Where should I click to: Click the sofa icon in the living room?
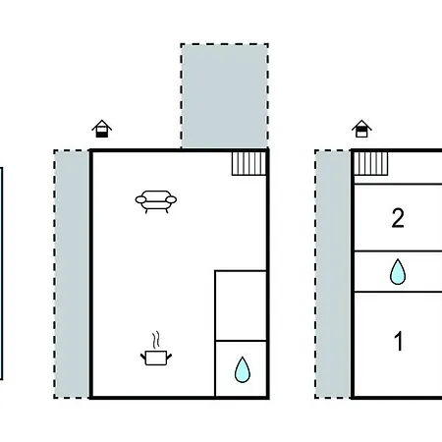tap(156, 201)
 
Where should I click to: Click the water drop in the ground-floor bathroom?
tap(243, 369)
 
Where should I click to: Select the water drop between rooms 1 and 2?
tap(398, 271)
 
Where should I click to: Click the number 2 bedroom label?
tap(398, 218)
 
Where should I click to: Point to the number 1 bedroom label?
tap(399, 341)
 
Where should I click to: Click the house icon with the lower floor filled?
tap(102, 129)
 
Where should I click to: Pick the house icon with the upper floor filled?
tap(361, 129)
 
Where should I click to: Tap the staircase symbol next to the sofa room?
tap(249, 163)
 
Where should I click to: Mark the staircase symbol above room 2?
tap(371, 163)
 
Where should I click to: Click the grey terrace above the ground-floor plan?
tap(225, 96)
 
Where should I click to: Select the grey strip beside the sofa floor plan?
tap(72, 274)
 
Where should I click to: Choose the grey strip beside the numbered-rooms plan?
tap(333, 274)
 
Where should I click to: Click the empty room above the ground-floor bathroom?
tap(241, 305)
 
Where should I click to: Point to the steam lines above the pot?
tap(156, 341)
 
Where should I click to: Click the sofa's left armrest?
tap(140, 199)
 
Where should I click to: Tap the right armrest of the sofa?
tap(171, 199)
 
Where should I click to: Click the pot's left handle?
tap(142, 357)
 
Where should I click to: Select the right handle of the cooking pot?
tap(169, 357)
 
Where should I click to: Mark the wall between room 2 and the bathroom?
tap(399, 251)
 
